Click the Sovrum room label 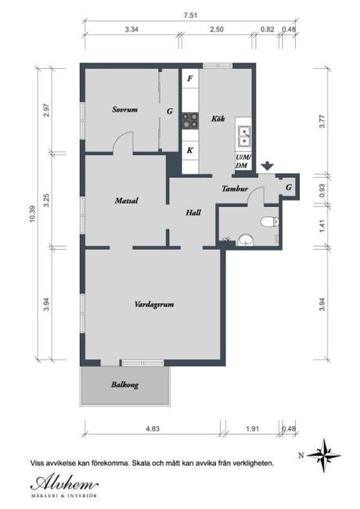(124, 110)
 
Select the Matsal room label (126, 200)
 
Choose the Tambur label (235, 189)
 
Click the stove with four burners (190, 120)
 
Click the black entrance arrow (268, 166)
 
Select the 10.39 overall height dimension (33, 213)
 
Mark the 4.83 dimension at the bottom (152, 429)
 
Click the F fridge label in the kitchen (190, 79)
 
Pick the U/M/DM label (243, 161)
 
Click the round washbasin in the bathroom (245, 238)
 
